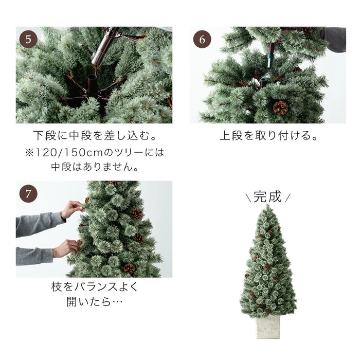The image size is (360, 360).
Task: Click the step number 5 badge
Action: (29, 40)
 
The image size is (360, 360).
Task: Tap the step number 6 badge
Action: (202, 40)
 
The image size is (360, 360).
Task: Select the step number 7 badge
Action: (29, 194)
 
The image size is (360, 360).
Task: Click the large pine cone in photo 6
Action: (280, 107)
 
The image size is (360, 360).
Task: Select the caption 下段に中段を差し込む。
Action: (95, 137)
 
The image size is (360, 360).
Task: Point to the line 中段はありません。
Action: (95, 167)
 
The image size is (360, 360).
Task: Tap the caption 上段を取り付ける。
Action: (268, 137)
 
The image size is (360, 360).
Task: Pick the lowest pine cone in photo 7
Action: (129, 268)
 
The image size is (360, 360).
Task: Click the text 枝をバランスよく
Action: (95, 286)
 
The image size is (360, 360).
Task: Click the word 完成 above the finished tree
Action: (268, 197)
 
